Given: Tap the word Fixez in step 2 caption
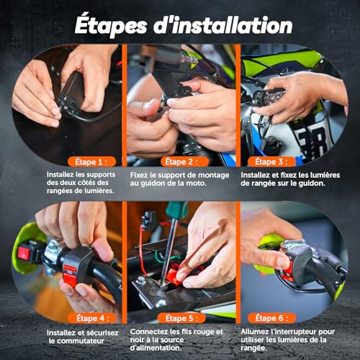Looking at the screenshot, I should coord(141,174).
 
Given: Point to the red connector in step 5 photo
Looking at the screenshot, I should coord(179,274).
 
